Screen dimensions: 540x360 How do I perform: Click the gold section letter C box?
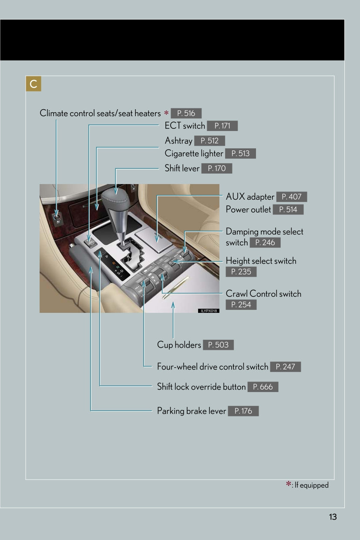tap(34, 84)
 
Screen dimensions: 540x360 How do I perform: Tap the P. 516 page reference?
tap(186, 114)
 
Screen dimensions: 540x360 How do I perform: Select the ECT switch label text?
tap(185, 126)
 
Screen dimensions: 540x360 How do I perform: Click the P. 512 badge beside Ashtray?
tap(210, 141)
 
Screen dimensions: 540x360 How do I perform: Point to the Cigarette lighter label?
tap(194, 154)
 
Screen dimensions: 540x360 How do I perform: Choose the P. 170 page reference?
tap(217, 168)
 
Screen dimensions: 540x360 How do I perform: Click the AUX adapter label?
tap(250, 197)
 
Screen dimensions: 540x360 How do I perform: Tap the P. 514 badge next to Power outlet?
tap(288, 210)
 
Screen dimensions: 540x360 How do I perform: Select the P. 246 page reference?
tap(265, 243)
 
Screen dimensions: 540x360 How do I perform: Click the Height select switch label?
tap(261, 261)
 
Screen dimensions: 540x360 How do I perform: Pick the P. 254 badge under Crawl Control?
tap(241, 305)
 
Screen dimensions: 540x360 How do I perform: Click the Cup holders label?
tap(179, 345)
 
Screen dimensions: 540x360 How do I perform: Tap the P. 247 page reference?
tap(286, 367)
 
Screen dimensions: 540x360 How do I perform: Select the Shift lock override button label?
tap(201, 387)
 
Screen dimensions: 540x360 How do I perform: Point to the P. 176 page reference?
tap(243, 411)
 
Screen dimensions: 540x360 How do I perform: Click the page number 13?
tap(333, 517)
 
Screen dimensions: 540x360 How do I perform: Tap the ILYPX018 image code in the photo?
tap(209, 311)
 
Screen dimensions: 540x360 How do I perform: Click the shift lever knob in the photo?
tap(115, 198)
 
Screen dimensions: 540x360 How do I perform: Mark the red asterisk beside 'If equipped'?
tap(289, 485)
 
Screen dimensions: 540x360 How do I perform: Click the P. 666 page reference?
tap(263, 387)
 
